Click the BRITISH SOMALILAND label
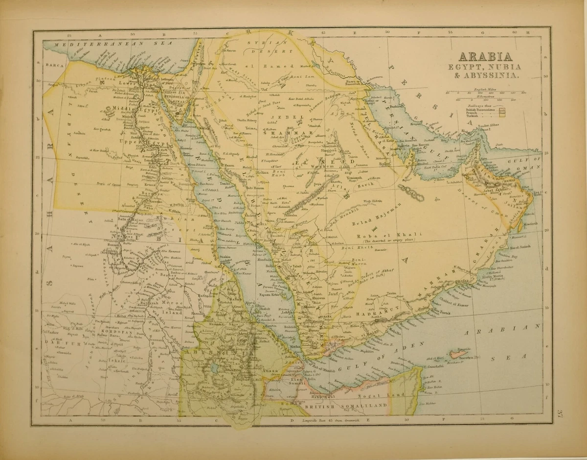(x=346, y=406)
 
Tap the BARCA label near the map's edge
(x=52, y=65)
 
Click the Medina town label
(x=262, y=173)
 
